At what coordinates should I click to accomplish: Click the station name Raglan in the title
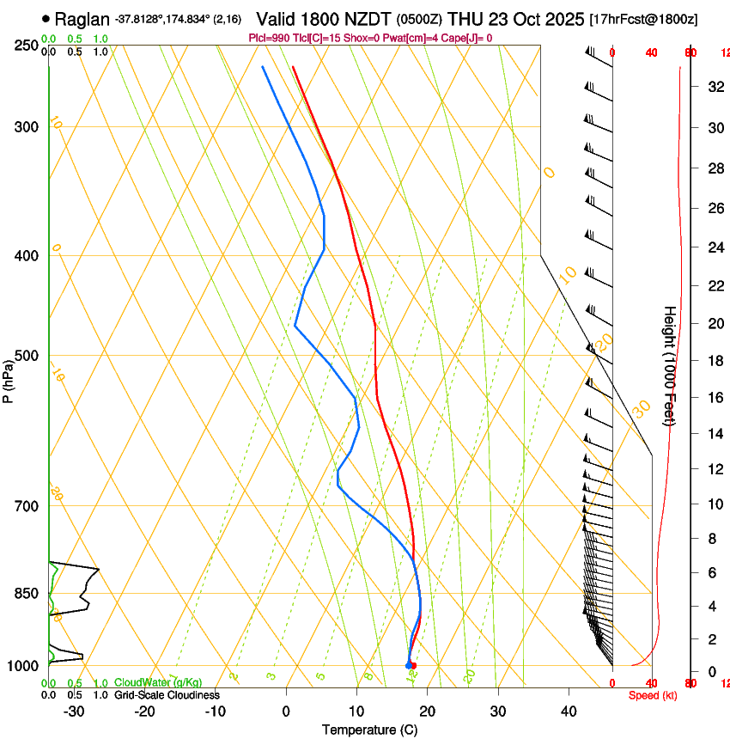82,18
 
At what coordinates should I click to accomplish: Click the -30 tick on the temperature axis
74,712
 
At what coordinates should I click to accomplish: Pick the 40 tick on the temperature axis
569,712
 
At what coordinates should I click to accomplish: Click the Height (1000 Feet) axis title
671,365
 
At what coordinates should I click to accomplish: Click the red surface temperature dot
413,665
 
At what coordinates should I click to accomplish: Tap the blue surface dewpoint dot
408,665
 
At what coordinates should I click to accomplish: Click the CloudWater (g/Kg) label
158,683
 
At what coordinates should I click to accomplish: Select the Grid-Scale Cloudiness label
167,694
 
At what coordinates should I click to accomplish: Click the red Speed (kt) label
653,695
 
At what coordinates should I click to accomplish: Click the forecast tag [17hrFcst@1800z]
644,19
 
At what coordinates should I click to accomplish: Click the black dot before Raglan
46,18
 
